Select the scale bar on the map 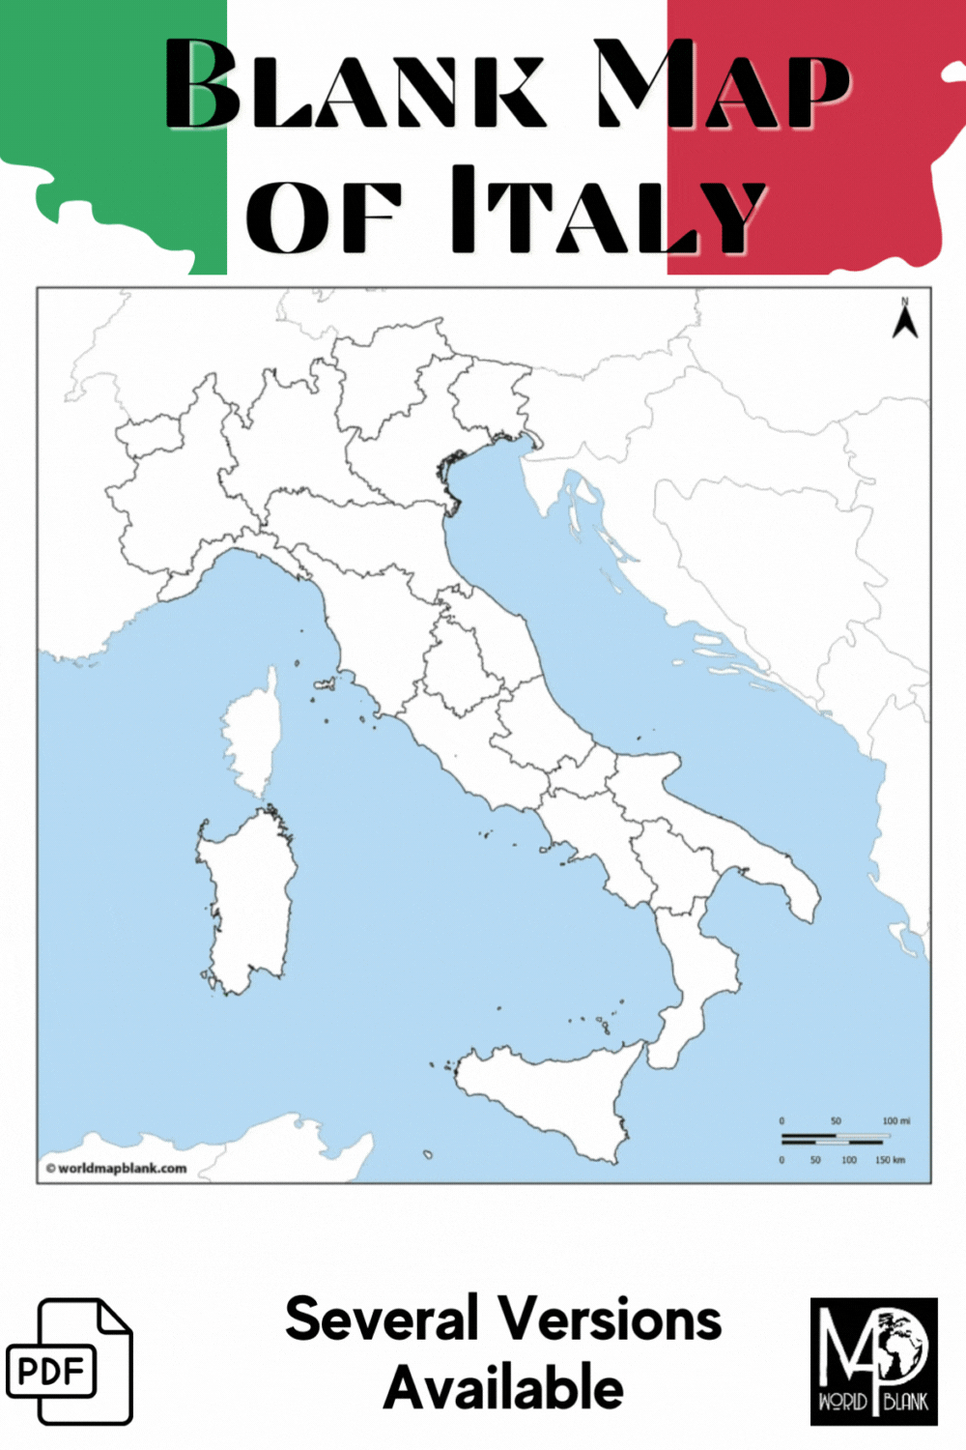pyautogui.click(x=832, y=1139)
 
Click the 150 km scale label pyautogui.click(x=890, y=1159)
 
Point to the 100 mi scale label pyautogui.click(x=895, y=1121)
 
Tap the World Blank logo pyautogui.click(x=873, y=1361)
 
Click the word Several pyautogui.click(x=382, y=1319)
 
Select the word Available pyautogui.click(x=503, y=1388)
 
